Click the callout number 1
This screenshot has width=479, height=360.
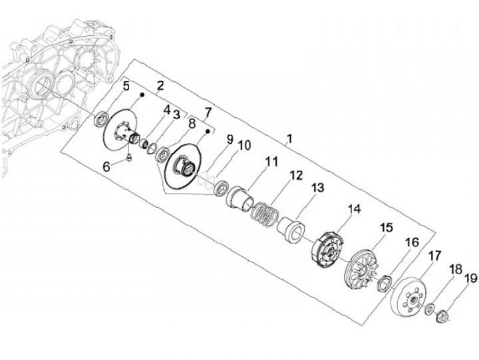tap(289, 140)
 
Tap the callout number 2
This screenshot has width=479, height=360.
tap(160, 85)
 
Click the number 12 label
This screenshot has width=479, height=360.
tap(295, 176)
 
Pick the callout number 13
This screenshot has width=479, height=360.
tap(318, 188)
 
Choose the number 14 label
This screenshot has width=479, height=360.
tap(354, 209)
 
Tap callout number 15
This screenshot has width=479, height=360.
tap(387, 228)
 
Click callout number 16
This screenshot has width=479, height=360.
tap(412, 242)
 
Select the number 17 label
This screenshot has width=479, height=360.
tap(434, 256)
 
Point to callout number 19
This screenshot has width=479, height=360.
tap(470, 279)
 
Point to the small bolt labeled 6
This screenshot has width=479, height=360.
tap(128, 157)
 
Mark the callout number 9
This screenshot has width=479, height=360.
tap(230, 139)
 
